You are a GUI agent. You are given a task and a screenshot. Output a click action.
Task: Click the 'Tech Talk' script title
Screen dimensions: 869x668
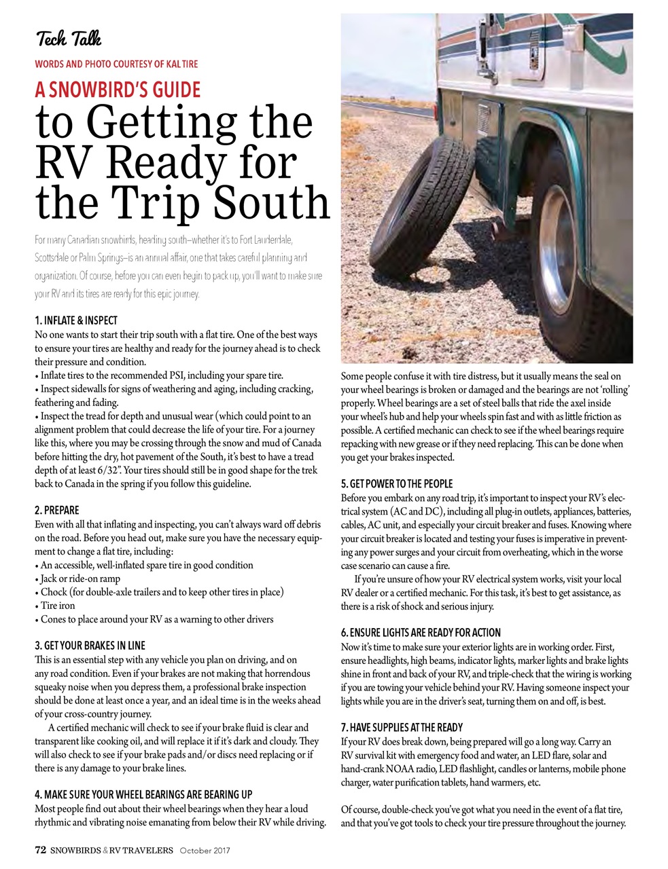coord(69,39)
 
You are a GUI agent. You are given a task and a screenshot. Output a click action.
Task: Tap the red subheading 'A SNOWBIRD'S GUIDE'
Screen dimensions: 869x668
coord(118,90)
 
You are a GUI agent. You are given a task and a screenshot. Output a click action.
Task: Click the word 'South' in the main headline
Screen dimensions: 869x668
coord(271,202)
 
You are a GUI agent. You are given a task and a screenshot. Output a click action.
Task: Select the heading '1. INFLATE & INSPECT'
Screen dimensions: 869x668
coord(75,320)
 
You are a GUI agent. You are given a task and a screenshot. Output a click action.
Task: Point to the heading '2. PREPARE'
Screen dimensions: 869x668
coord(56,511)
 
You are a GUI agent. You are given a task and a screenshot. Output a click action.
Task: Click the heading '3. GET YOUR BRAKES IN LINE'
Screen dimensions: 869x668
coord(90,646)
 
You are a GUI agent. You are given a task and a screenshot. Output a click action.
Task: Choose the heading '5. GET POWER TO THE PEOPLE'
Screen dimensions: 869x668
coord(396,484)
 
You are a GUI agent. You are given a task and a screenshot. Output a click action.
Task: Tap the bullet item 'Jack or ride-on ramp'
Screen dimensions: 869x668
coord(80,578)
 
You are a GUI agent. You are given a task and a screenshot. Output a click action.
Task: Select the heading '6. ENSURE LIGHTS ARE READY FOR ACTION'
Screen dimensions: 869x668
coord(421,633)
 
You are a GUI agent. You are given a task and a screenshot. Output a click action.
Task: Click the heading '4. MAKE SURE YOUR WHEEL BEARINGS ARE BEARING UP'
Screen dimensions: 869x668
coord(143,794)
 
